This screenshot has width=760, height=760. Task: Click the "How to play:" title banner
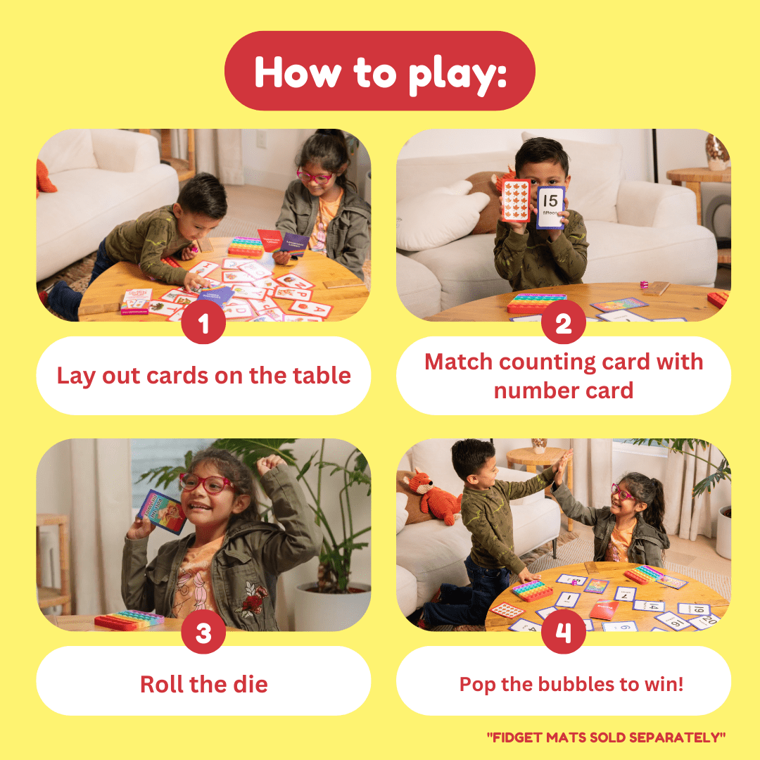(379, 71)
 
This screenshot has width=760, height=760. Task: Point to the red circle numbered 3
(203, 633)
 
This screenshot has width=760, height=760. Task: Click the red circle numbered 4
(563, 633)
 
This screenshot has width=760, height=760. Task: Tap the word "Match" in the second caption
(459, 362)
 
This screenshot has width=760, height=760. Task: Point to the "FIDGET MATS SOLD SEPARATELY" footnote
(606, 737)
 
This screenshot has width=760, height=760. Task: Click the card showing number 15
(550, 206)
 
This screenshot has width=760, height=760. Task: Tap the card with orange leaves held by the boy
(516, 200)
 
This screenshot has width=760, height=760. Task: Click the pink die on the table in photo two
(643, 284)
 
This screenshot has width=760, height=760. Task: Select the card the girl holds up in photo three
(162, 512)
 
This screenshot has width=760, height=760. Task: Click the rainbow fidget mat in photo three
(129, 619)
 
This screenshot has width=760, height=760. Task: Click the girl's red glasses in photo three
(206, 482)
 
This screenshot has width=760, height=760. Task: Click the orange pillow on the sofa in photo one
(46, 176)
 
